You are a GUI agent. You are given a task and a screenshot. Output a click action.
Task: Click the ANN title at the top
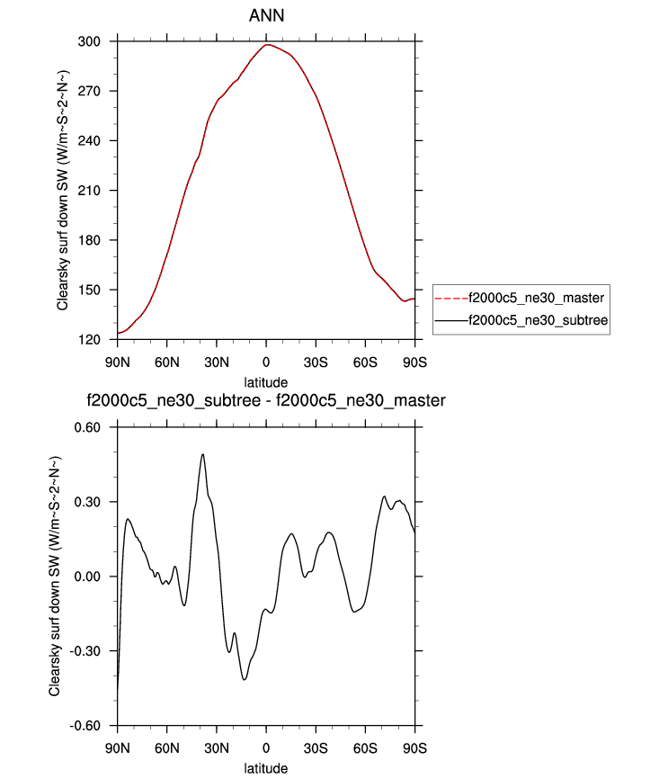[265, 16]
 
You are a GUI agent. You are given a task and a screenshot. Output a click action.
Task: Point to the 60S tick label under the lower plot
[365, 747]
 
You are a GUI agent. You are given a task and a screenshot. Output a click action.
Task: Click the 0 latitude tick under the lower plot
[266, 747]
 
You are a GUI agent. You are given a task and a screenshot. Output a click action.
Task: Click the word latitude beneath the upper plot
[266, 382]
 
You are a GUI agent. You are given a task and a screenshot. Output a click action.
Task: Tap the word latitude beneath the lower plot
[266, 768]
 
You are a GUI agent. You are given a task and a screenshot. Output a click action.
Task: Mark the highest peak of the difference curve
[203, 454]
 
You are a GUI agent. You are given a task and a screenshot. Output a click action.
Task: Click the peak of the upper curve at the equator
[267, 44]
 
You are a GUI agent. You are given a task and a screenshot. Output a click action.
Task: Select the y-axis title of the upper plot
[62, 191]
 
